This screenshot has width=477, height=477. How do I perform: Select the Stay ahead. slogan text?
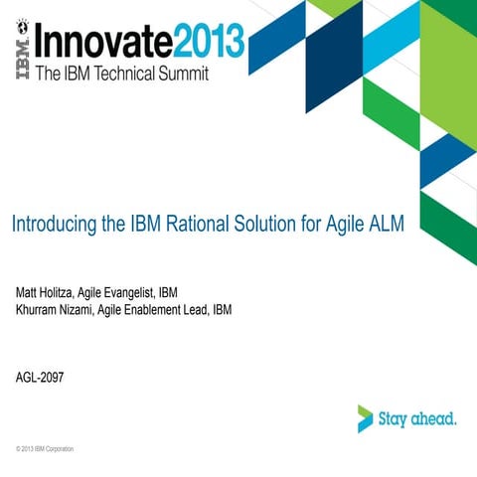click(x=417, y=418)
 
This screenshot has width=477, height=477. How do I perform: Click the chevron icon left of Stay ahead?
click(x=366, y=418)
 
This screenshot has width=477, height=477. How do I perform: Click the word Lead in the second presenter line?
click(x=206, y=309)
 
